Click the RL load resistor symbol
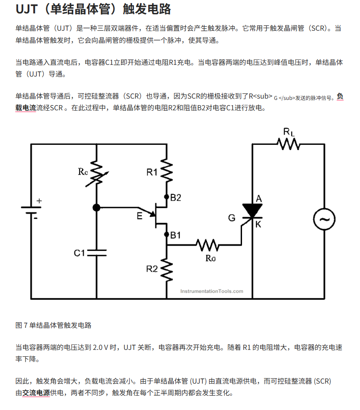(x=289, y=144)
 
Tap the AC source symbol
(x=324, y=219)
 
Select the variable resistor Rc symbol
(x=96, y=174)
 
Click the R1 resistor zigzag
(x=167, y=172)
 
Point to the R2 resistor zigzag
(x=167, y=269)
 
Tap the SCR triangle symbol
(x=252, y=211)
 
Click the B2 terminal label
(x=176, y=198)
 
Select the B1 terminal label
(x=175, y=235)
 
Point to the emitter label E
(x=139, y=216)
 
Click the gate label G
(x=232, y=218)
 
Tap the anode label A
(x=259, y=199)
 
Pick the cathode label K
(x=258, y=224)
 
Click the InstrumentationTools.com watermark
(x=212, y=291)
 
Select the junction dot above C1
(x=96, y=208)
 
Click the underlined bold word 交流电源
(x=36, y=393)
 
